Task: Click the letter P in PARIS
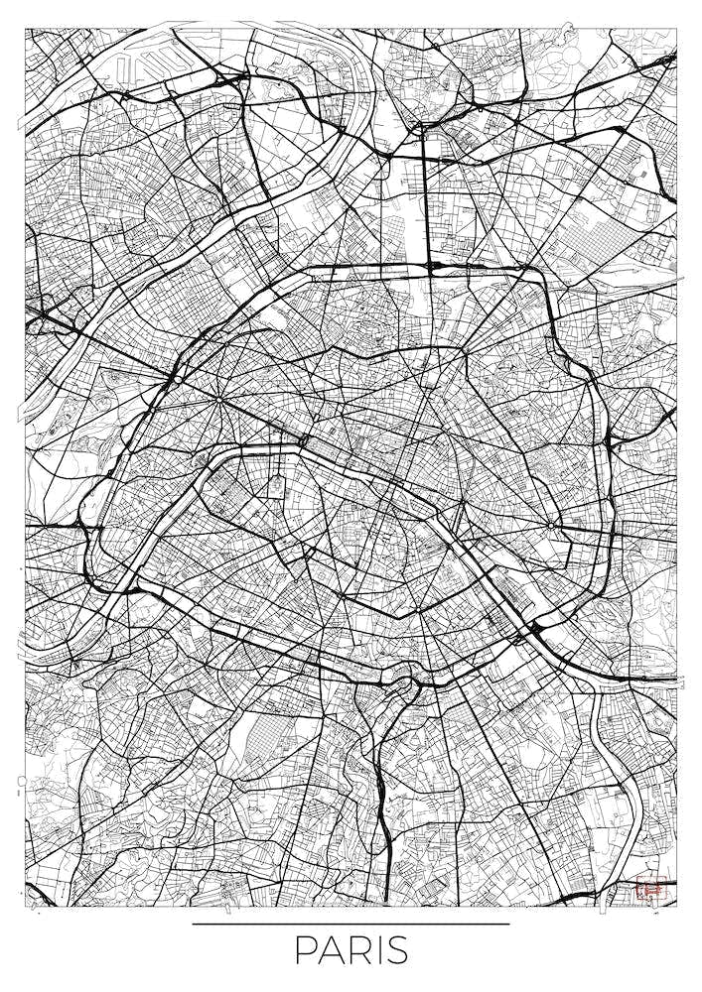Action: [304, 950]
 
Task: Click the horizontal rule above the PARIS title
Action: [351, 924]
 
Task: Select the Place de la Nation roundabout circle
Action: [552, 524]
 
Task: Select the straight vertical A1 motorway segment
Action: [425, 198]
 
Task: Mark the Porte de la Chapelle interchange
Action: [431, 266]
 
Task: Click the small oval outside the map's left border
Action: [20, 781]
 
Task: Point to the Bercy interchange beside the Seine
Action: [537, 628]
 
